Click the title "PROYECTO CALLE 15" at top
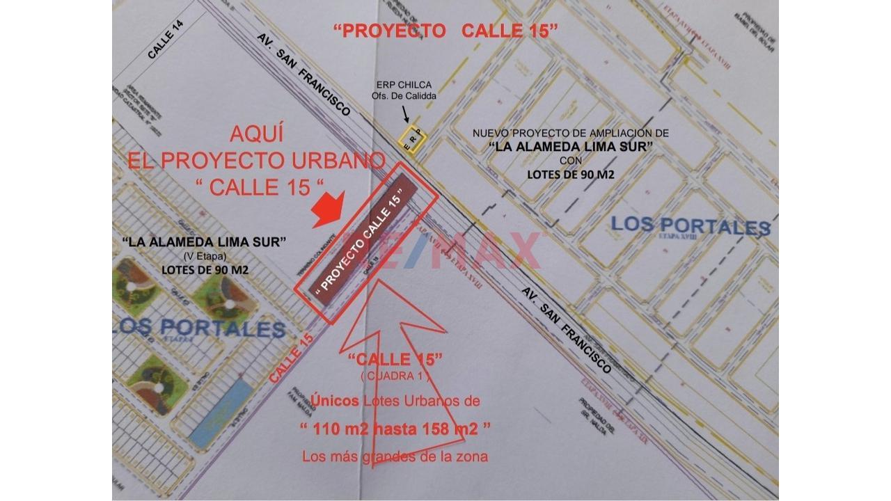point(446,31)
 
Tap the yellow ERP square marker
point(412,137)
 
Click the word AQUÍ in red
point(256,134)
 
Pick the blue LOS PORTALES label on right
point(691,226)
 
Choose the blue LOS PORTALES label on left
point(202,328)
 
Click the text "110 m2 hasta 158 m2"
point(395,429)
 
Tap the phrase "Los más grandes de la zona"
point(395,456)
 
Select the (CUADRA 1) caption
point(395,376)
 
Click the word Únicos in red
point(335,401)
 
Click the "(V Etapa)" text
point(205,255)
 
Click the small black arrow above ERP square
point(406,113)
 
